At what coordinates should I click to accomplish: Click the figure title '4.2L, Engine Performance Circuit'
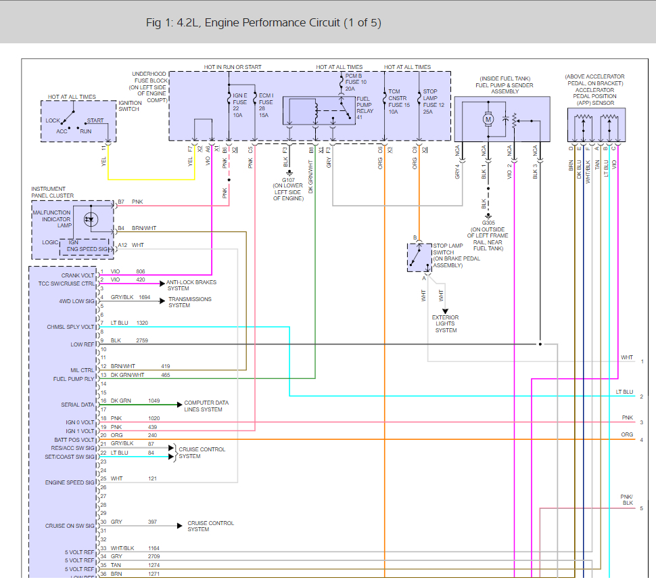[x=264, y=23]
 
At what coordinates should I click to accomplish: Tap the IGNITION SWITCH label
[x=130, y=106]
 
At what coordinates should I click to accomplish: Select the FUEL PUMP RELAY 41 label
[x=365, y=108]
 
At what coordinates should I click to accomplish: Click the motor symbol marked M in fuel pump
[x=488, y=119]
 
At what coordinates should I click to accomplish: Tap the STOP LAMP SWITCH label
[x=448, y=256]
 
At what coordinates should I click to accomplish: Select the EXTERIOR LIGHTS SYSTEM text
[x=446, y=323]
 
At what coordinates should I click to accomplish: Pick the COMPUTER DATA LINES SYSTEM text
[x=206, y=406]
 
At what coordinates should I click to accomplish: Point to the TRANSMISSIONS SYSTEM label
[x=189, y=302]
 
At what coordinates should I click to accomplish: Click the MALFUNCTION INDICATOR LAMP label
[x=51, y=219]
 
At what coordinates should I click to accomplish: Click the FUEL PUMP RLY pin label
[x=74, y=379]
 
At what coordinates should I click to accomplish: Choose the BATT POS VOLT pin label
[x=74, y=440]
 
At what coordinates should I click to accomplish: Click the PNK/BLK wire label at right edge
[x=627, y=499]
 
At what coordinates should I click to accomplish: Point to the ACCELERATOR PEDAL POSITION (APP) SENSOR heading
[x=596, y=90]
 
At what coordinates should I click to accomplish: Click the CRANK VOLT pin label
[x=78, y=275]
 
